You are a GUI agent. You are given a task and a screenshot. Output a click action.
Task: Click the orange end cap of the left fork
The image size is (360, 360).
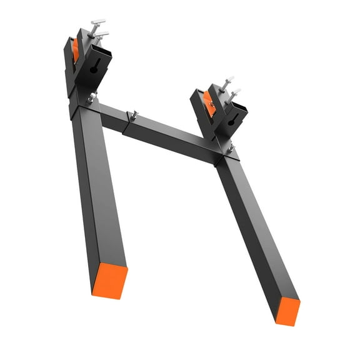click(110, 279)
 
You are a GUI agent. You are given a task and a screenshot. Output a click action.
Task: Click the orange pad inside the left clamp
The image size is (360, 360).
click(75, 50)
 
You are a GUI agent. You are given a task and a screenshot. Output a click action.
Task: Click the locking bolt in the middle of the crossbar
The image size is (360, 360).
click(132, 115)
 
